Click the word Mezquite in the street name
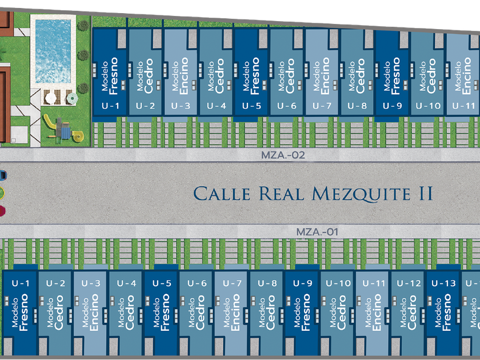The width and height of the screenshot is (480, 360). coord(359,193)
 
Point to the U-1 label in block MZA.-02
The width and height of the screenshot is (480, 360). coord(110,106)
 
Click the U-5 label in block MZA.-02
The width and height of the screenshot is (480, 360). coord(251,106)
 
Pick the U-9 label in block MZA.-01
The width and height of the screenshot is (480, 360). coord(302,283)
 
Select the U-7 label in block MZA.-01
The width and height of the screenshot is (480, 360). coord(232,283)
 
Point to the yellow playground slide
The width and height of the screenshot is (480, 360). coord(50,122)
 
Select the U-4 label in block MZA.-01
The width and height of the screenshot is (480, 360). coord(126,283)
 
